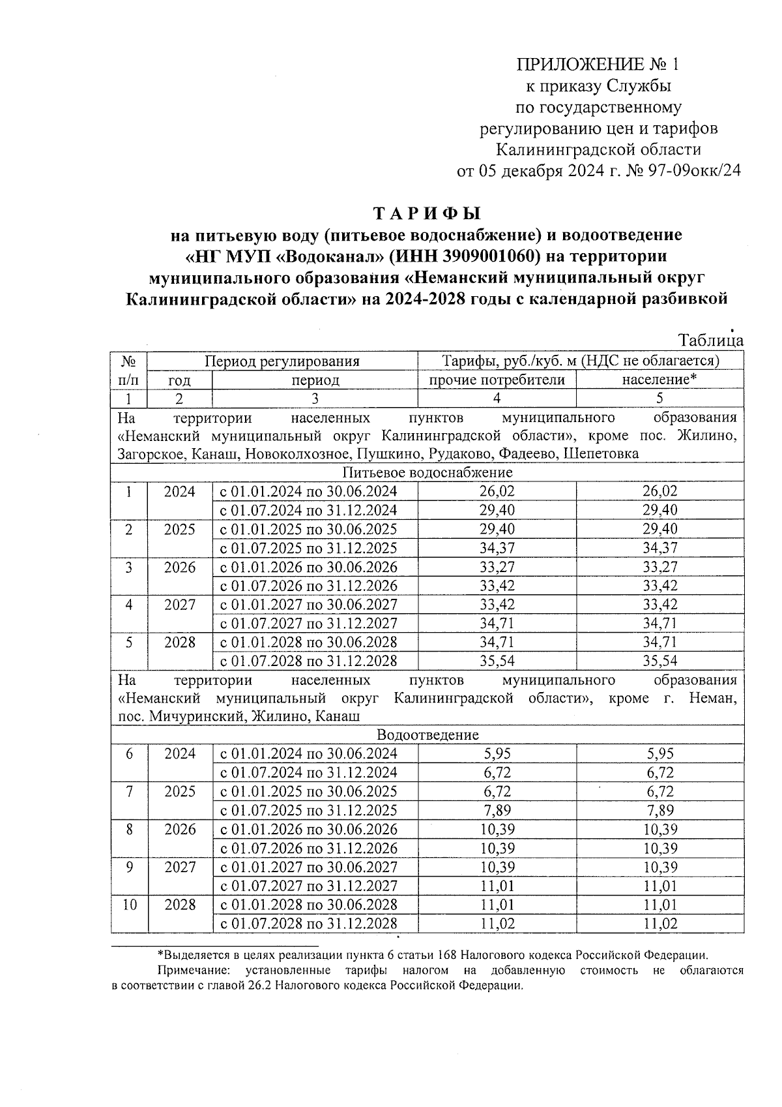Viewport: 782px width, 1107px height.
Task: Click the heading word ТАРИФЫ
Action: pyautogui.click(x=427, y=213)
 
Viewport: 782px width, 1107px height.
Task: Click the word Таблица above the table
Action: pyautogui.click(x=710, y=341)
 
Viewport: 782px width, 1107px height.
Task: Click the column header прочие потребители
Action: pyautogui.click(x=497, y=380)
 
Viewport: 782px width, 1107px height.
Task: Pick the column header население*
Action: pyautogui.click(x=659, y=380)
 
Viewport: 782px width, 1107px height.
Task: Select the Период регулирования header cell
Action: pyautogui.click(x=282, y=361)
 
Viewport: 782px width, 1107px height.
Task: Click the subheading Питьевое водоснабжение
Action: pyautogui.click(x=427, y=472)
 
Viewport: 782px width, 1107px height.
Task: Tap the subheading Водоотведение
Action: pyautogui.click(x=427, y=735)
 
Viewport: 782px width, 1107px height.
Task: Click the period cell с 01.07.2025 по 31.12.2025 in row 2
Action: pyautogui.click(x=308, y=548)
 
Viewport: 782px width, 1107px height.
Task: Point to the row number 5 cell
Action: pyautogui.click(x=129, y=643)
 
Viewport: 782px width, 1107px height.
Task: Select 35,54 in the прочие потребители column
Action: pyautogui.click(x=497, y=661)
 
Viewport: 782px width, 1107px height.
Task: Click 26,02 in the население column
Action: pyautogui.click(x=659, y=491)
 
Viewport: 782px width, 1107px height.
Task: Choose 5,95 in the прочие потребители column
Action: pyautogui.click(x=497, y=754)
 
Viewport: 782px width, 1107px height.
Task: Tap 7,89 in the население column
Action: pyautogui.click(x=659, y=810)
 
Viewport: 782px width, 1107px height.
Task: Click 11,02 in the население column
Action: pyautogui.click(x=659, y=924)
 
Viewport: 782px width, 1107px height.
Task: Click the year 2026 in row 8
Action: pyautogui.click(x=180, y=830)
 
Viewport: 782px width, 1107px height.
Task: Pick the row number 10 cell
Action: pyautogui.click(x=129, y=905)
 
